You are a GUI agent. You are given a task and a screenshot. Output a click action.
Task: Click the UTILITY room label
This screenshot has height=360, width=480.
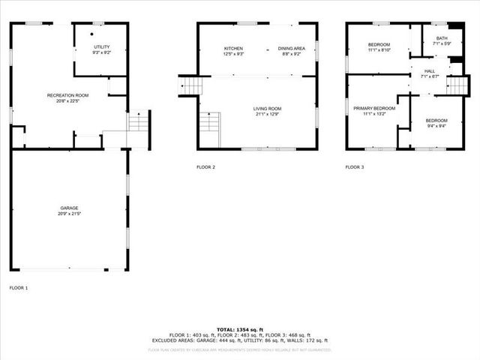click(x=101, y=47)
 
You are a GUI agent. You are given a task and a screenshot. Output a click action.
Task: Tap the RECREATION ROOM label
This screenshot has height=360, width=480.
click(x=67, y=95)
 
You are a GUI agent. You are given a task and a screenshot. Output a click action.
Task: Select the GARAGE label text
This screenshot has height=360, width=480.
click(x=70, y=208)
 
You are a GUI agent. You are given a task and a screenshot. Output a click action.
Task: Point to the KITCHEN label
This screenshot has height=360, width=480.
click(x=233, y=48)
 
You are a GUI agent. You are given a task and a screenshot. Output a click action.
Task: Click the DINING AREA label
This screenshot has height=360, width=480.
click(x=292, y=48)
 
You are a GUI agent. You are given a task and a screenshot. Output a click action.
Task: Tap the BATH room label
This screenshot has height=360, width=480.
click(x=442, y=37)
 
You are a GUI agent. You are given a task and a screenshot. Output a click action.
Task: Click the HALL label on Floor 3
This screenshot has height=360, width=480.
click(x=429, y=70)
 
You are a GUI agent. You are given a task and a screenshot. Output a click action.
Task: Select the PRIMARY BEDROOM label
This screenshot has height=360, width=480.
click(x=373, y=108)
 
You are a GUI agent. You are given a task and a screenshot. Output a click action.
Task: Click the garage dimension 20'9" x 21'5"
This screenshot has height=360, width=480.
click(x=70, y=214)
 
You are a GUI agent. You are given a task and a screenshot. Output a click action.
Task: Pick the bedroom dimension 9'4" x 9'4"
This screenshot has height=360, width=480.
click(x=436, y=126)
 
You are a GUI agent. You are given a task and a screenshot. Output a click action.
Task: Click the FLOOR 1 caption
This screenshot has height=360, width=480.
click(x=18, y=287)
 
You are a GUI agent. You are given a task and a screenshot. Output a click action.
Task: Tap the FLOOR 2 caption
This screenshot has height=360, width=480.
click(x=205, y=166)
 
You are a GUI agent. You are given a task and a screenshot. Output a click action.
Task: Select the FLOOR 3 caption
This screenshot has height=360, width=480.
click(x=355, y=166)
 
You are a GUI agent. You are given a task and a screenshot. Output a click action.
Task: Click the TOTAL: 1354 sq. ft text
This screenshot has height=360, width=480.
click(x=239, y=329)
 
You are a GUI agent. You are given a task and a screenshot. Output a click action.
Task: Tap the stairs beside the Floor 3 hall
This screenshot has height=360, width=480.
click(x=457, y=85)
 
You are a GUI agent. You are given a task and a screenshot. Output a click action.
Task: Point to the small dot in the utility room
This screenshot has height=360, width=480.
click(x=92, y=34)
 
